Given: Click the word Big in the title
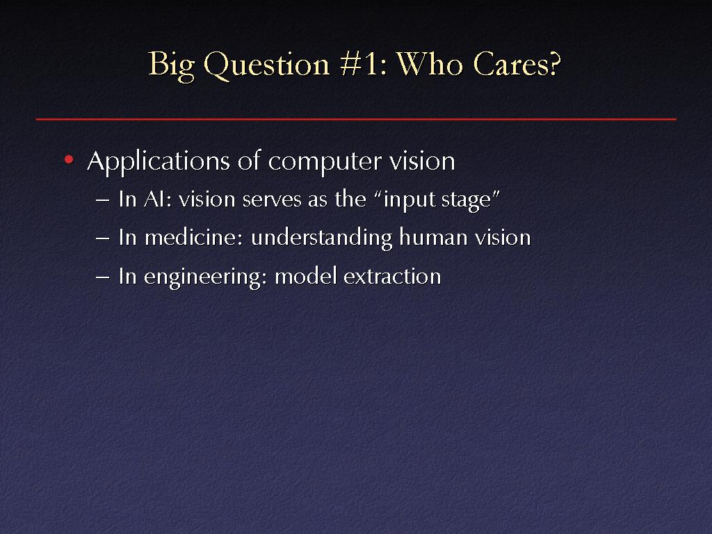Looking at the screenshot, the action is [x=172, y=65].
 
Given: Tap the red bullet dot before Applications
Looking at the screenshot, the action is [x=69, y=159].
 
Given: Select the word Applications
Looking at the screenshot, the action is [x=159, y=161].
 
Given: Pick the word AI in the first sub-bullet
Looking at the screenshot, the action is [x=154, y=199].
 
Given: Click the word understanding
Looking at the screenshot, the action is [x=321, y=238].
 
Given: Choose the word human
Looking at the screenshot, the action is [x=433, y=237].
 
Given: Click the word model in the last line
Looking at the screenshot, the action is [x=306, y=276].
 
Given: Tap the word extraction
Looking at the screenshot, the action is [x=392, y=277].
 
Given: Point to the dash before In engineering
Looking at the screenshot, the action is [x=103, y=277].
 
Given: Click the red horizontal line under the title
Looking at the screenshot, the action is [x=356, y=119].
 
